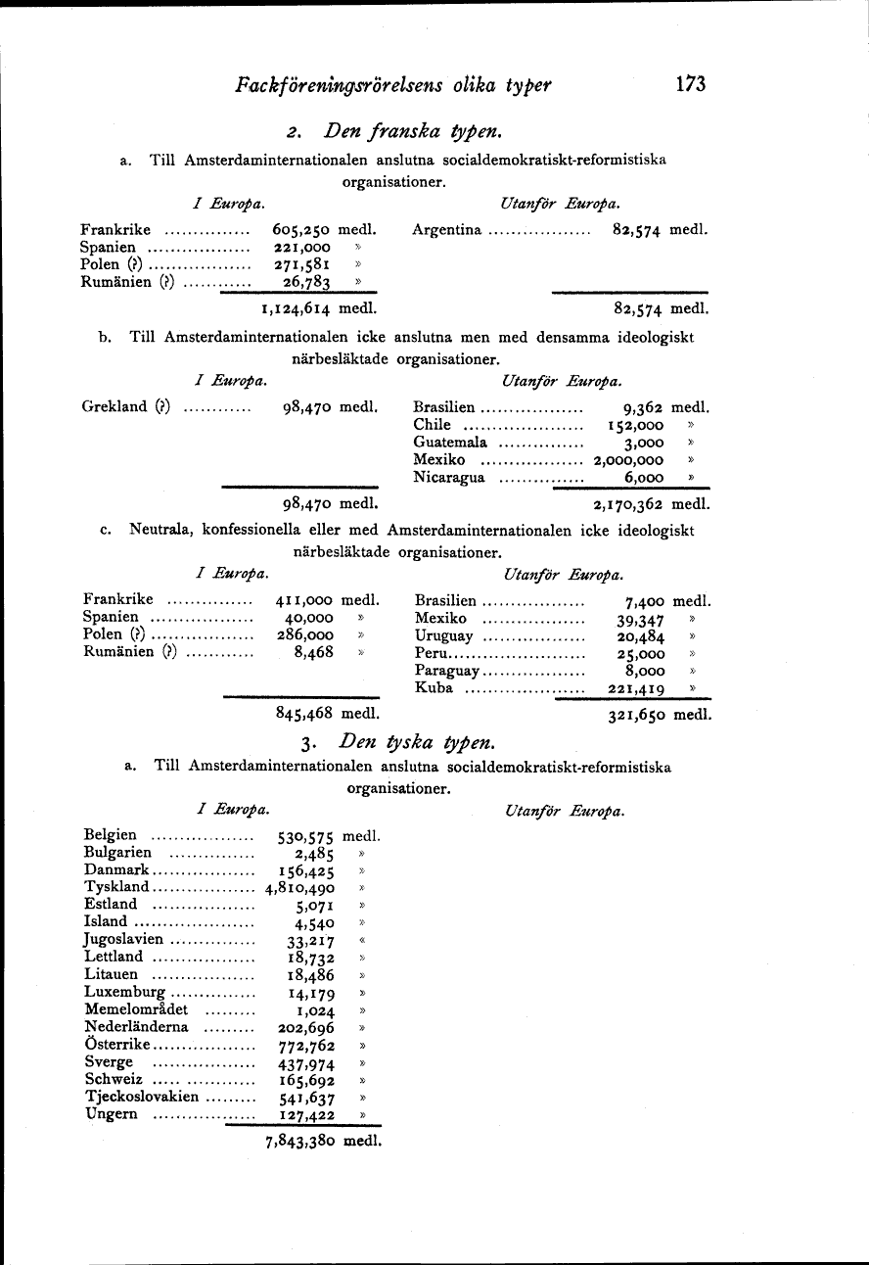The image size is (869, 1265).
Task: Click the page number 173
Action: point(690,84)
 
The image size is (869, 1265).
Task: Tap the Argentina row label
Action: point(447,230)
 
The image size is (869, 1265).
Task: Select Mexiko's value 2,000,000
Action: point(628,460)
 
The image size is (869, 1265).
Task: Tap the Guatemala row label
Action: point(450,443)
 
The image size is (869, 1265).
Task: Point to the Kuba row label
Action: point(434,688)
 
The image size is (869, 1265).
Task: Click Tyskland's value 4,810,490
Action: point(300,887)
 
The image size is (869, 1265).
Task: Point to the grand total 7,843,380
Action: point(300,1141)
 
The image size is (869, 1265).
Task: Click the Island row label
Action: point(106,921)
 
